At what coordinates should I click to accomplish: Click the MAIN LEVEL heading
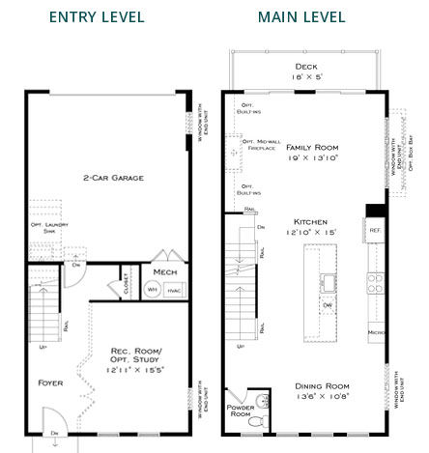[x=300, y=17]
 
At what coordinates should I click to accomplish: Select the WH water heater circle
[x=152, y=289]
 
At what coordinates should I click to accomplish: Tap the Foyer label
[x=50, y=382]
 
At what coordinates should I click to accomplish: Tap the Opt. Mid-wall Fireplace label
[x=261, y=143]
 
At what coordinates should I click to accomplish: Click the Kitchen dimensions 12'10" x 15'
[x=311, y=233]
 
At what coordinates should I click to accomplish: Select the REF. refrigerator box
[x=375, y=230]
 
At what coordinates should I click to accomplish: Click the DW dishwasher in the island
[x=328, y=305]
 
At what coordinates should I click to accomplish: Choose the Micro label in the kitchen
[x=376, y=332]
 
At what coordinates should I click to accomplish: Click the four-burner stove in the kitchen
[x=375, y=283]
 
